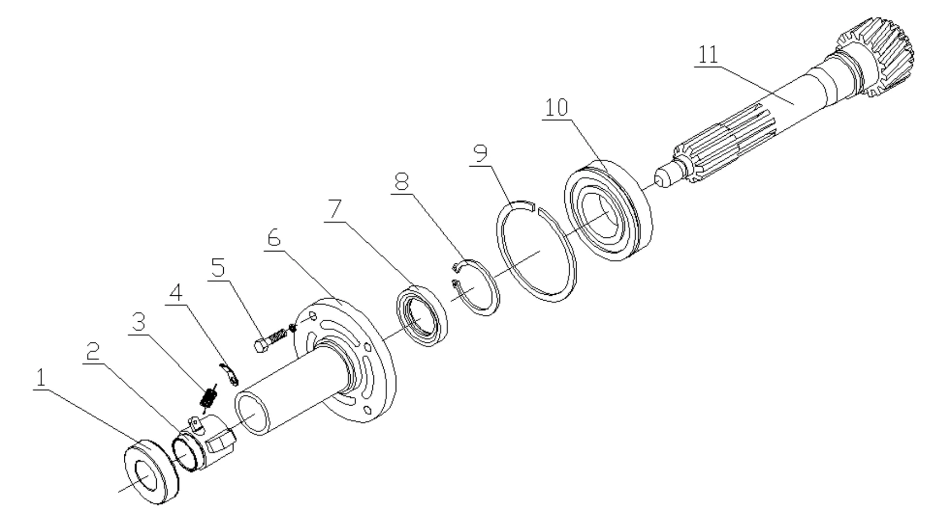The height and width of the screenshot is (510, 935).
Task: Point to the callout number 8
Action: pyautogui.click(x=401, y=183)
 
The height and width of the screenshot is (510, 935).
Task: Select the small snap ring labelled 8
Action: pyautogui.click(x=476, y=287)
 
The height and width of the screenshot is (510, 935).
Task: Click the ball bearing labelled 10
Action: pyautogui.click(x=608, y=211)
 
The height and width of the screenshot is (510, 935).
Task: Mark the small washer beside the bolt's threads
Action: pyautogui.click(x=293, y=328)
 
